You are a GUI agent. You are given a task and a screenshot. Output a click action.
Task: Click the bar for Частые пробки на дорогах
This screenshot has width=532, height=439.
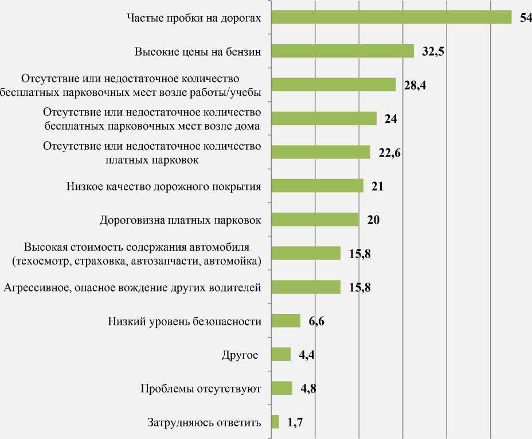pyautogui.click(x=391, y=18)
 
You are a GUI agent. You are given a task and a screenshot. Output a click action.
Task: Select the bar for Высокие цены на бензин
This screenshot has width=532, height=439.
pyautogui.click(x=342, y=51)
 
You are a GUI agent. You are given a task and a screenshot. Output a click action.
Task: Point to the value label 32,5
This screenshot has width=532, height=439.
pyautogui.click(x=433, y=52)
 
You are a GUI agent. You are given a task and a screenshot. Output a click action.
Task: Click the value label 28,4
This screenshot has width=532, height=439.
pyautogui.click(x=415, y=85)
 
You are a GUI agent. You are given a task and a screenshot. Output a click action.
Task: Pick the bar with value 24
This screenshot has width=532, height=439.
pyautogui.click(x=323, y=118)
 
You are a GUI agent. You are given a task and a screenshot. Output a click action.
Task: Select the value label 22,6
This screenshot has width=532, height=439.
pyautogui.click(x=389, y=153)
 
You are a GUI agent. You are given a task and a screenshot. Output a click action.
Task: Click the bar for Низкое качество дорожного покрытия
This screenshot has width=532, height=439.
pyautogui.click(x=317, y=186)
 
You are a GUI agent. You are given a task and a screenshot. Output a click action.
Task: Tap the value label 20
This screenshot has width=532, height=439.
pyautogui.click(x=374, y=220)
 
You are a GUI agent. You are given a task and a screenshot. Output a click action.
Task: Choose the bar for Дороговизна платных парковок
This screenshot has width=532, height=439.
pyautogui.click(x=315, y=220)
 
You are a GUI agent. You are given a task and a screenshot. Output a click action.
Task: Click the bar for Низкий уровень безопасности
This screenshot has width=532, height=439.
pyautogui.click(x=285, y=321)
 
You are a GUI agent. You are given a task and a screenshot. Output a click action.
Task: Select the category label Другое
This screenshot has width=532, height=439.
pyautogui.click(x=239, y=355)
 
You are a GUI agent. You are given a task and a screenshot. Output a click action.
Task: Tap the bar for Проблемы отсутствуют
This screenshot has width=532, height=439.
pyautogui.click(x=281, y=389)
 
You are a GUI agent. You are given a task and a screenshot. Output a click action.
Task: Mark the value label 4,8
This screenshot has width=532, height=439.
pyautogui.click(x=308, y=389)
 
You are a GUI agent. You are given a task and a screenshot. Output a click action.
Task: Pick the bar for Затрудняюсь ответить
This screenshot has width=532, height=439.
pyautogui.click(x=275, y=422)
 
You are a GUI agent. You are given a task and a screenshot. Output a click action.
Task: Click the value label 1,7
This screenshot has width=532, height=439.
pyautogui.click(x=295, y=423)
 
